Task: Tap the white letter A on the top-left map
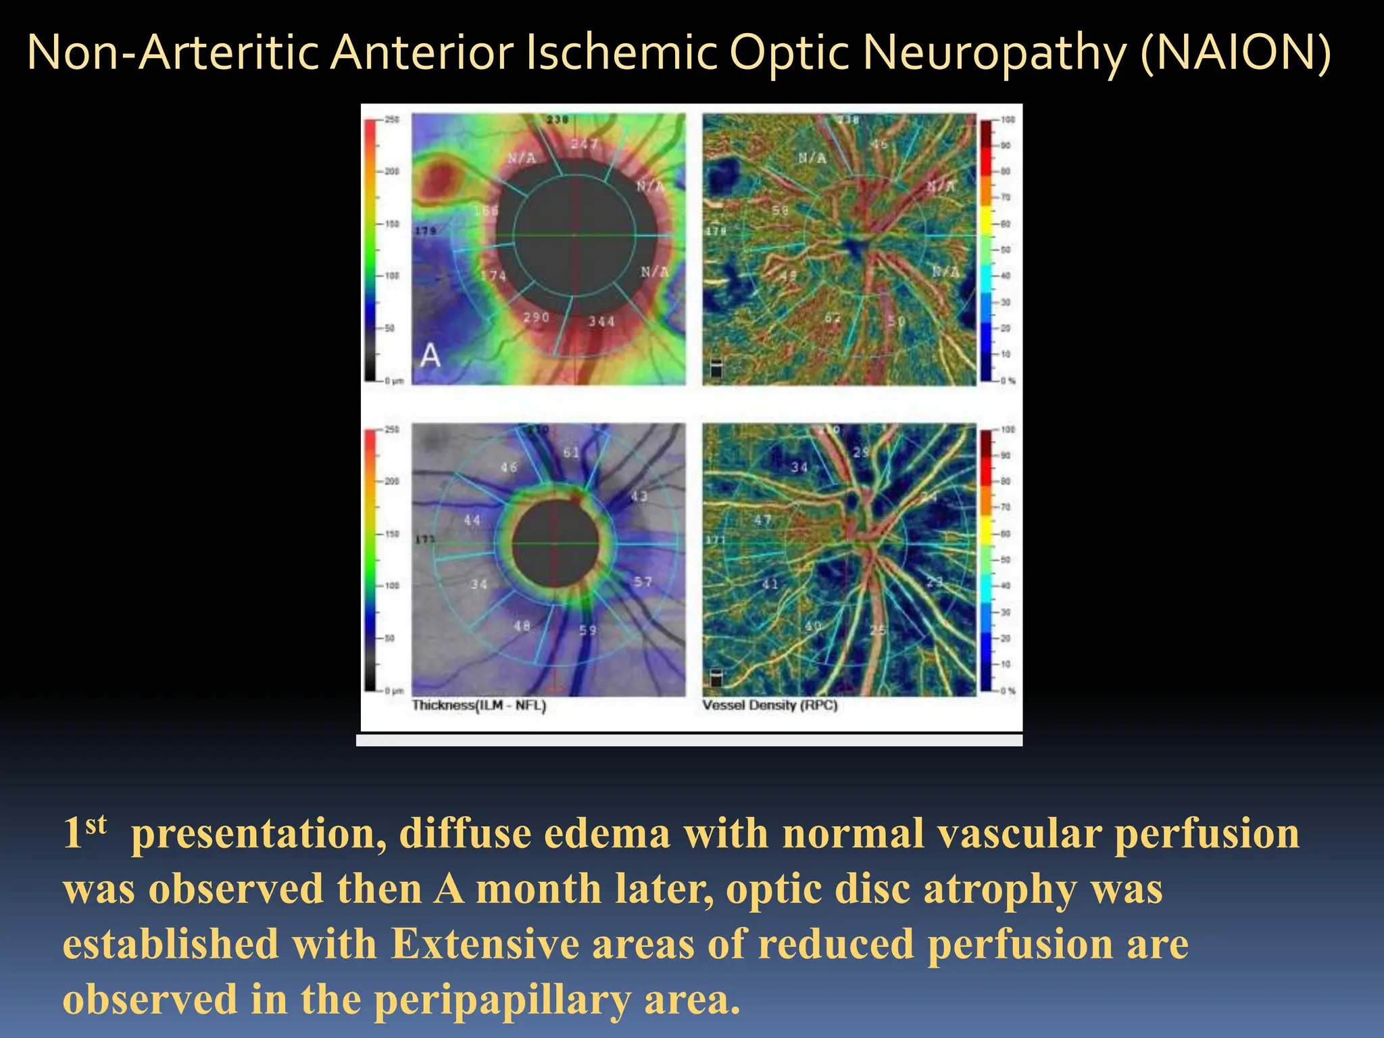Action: pyautogui.click(x=430, y=355)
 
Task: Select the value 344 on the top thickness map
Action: pyautogui.click(x=601, y=322)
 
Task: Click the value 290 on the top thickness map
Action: pyautogui.click(x=537, y=318)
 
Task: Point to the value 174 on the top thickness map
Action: pyautogui.click(x=493, y=276)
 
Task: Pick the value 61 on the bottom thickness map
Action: pyautogui.click(x=572, y=453)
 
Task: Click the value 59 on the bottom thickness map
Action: pyautogui.click(x=588, y=631)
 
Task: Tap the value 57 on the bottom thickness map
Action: pyautogui.click(x=643, y=582)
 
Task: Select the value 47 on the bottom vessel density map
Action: pyautogui.click(x=762, y=520)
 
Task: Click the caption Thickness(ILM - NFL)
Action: pyautogui.click(x=479, y=706)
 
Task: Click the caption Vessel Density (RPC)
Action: pyautogui.click(x=770, y=706)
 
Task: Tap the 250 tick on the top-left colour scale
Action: pyautogui.click(x=392, y=120)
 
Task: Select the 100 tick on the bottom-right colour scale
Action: pyautogui.click(x=1008, y=430)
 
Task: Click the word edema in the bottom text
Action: pyautogui.click(x=606, y=834)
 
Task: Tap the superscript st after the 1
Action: pyautogui.click(x=96, y=824)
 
